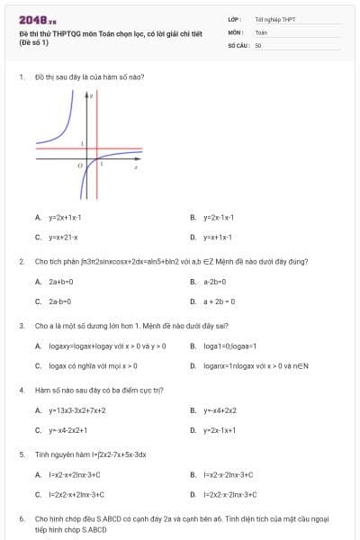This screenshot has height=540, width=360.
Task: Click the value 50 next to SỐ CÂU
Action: [x=258, y=43]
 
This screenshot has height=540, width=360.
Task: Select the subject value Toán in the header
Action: [x=261, y=31]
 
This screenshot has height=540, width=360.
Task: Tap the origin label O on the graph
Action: [x=80, y=166]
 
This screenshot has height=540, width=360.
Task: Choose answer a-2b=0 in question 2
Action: [x=214, y=282]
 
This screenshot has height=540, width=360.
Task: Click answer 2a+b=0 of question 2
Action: [x=61, y=282]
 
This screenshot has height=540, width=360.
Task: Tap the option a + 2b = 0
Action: [x=219, y=301]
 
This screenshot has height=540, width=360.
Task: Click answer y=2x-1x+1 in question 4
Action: [x=219, y=430]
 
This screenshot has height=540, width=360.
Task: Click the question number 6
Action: [x=21, y=519]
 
